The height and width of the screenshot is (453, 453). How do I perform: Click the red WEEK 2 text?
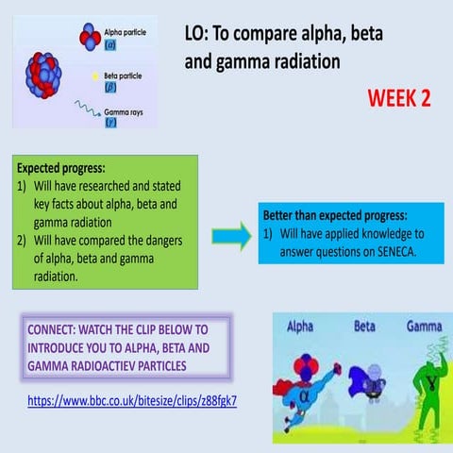(398, 99)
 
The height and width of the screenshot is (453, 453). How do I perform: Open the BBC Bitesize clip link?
(132, 400)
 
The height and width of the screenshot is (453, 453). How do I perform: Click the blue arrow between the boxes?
(227, 234)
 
